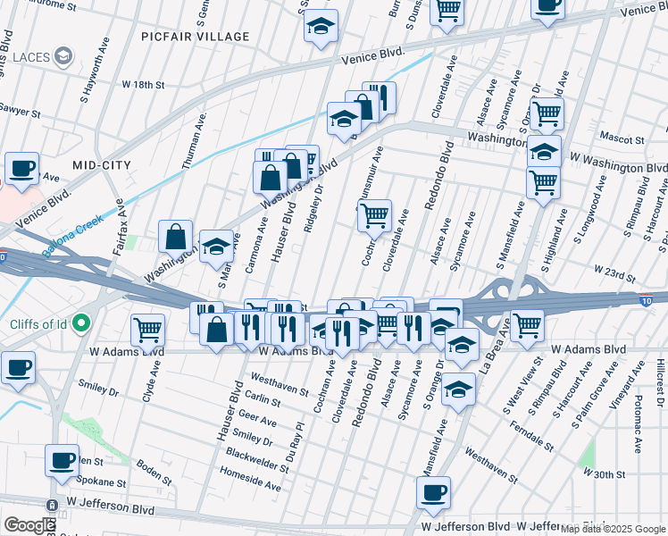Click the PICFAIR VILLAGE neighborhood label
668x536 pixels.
[195, 37]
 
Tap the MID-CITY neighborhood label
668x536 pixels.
[102, 165]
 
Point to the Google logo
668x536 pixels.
[29, 525]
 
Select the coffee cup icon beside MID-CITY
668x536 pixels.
[21, 168]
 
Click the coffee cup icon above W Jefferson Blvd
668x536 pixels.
[433, 492]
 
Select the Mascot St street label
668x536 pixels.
[622, 140]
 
